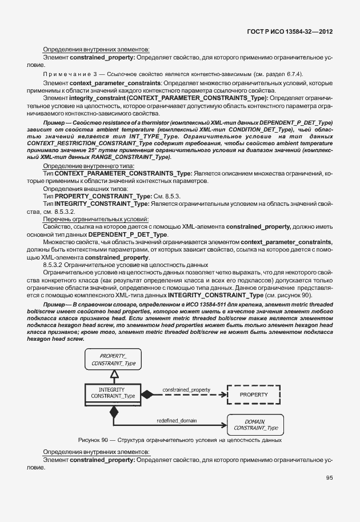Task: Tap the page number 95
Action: (329, 478)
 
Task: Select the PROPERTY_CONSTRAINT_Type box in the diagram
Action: (113, 359)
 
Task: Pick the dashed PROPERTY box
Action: (254, 395)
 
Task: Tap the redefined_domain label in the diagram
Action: (177, 420)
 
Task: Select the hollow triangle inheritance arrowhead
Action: (113, 374)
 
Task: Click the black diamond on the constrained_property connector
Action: (149, 395)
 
